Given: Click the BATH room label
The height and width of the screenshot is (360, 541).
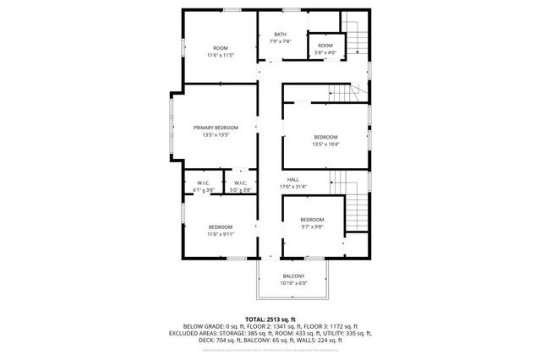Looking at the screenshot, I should coord(280,34).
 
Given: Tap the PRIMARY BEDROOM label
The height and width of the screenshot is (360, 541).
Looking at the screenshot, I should coord(216,128).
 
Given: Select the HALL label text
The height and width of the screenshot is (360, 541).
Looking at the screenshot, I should coord(292,179).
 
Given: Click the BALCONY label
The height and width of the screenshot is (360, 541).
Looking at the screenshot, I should coord(293,276).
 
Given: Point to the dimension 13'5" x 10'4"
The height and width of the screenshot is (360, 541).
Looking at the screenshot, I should coord(325,145).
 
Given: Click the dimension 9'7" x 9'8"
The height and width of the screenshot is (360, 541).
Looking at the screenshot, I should coord(312,227).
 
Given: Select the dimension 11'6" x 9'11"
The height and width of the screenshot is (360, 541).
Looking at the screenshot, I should coord(221,234).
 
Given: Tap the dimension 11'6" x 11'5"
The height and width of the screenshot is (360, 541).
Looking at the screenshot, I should coord(221,55).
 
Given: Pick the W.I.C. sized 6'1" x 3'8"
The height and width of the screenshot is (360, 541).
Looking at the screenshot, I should coord(204,187).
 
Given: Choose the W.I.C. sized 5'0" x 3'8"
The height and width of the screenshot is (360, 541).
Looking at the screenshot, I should coord(240,187).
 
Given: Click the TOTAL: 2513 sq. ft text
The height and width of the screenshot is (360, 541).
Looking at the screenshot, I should coord(270,319).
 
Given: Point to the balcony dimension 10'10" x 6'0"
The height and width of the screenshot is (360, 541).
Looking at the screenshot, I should coord(293,283).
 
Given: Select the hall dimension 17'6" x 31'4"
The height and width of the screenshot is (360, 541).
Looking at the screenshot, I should coord(293,187).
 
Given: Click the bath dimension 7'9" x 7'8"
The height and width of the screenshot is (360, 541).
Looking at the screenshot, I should coord(280,41).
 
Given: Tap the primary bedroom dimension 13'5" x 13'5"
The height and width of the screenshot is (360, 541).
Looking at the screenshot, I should coord(216,134).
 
